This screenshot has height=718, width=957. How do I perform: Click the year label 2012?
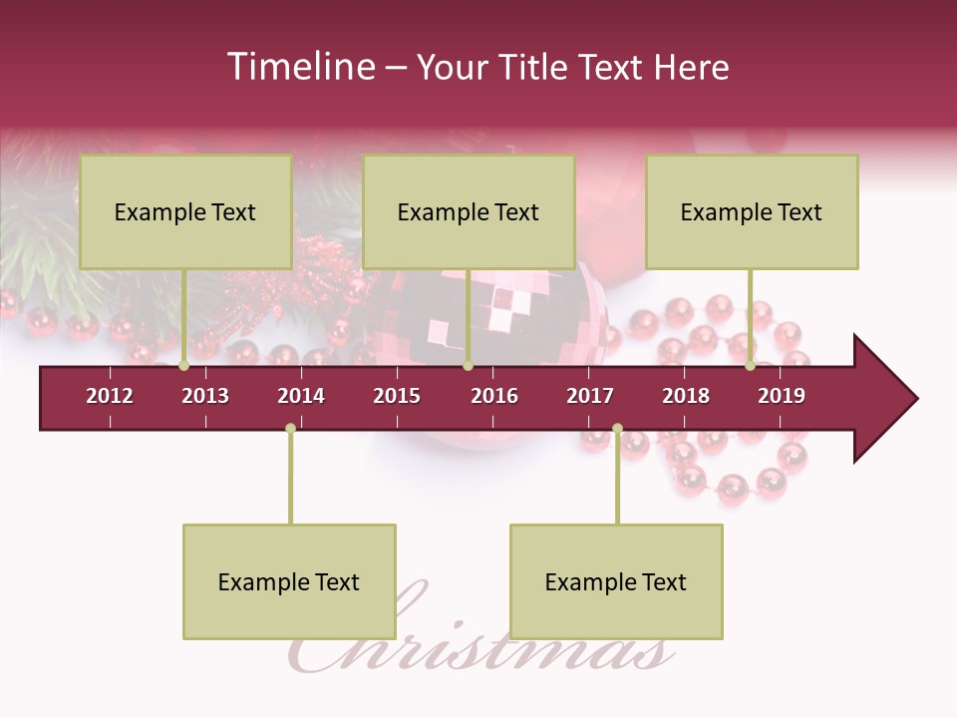pyautogui.click(x=110, y=396)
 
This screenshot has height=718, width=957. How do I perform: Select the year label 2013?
pyautogui.click(x=205, y=396)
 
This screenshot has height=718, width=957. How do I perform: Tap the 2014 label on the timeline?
pyautogui.click(x=301, y=396)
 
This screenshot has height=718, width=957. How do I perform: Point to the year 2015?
pyautogui.click(x=397, y=396)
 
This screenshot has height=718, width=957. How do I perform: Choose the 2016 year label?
pyautogui.click(x=494, y=396)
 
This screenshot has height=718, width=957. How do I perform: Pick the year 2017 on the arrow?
pyautogui.click(x=590, y=396)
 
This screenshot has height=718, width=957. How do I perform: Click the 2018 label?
pyautogui.click(x=686, y=396)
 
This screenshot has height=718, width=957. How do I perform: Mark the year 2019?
pyautogui.click(x=782, y=396)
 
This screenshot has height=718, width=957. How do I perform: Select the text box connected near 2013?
pyautogui.click(x=185, y=211)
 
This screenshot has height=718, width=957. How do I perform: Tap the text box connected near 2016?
pyautogui.click(x=469, y=211)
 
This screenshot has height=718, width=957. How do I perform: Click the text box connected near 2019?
pyautogui.click(x=752, y=211)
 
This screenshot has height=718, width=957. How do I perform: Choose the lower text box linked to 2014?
pyautogui.click(x=289, y=581)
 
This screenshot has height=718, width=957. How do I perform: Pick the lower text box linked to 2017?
pyautogui.click(x=616, y=581)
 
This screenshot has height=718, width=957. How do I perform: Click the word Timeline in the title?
pyautogui.click(x=300, y=67)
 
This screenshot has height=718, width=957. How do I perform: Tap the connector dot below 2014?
pyautogui.click(x=290, y=429)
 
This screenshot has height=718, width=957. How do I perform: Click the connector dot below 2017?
pyautogui.click(x=617, y=429)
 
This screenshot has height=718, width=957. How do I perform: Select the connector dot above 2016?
pyautogui.click(x=468, y=366)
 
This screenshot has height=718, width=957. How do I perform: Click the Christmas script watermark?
pyautogui.click(x=478, y=638)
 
